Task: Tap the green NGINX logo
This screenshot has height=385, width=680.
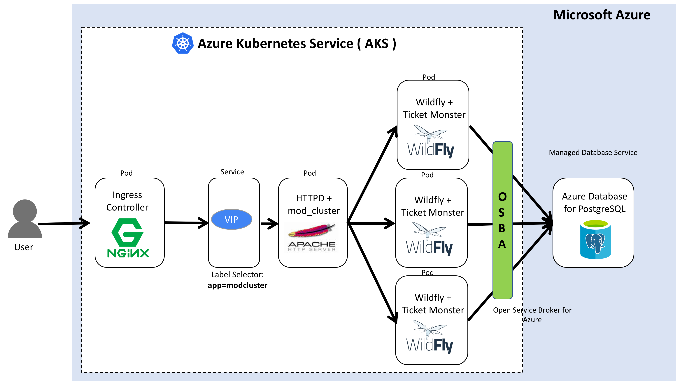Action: click(x=128, y=238)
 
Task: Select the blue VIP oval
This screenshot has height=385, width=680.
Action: click(x=232, y=220)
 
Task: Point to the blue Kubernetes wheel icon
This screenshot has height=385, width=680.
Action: click(x=183, y=43)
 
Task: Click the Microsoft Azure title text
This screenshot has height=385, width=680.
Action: click(x=602, y=15)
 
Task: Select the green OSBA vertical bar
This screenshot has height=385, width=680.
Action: click(x=502, y=220)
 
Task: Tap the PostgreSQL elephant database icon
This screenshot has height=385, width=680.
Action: click(x=595, y=240)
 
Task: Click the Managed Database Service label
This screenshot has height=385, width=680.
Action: click(x=593, y=153)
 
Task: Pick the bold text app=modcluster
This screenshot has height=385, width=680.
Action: click(x=238, y=285)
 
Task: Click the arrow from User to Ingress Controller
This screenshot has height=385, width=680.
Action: click(x=64, y=224)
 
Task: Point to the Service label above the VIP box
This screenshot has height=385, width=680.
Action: click(x=232, y=172)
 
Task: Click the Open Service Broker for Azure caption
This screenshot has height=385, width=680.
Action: click(x=532, y=315)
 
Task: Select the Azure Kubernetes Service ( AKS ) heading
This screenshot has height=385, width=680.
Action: click(x=297, y=44)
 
